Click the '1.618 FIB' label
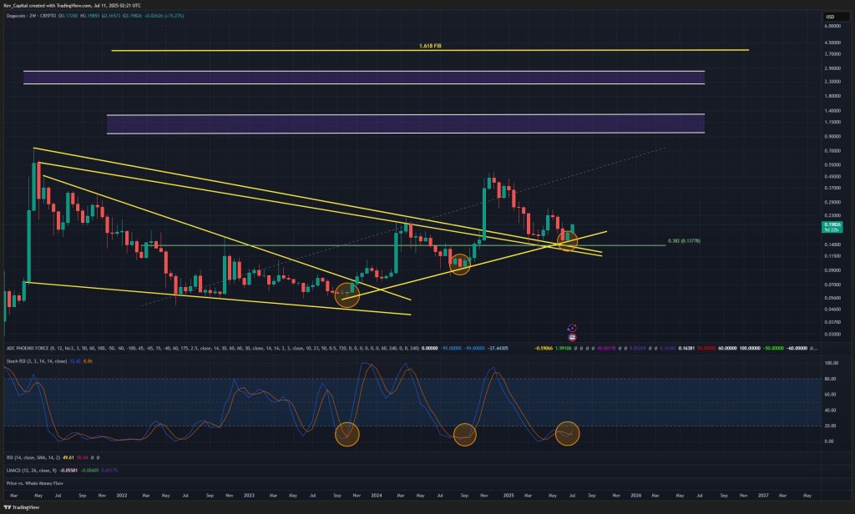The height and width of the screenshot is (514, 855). point(430,46)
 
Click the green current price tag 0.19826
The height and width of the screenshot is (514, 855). point(831,224)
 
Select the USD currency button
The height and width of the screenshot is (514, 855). point(831,17)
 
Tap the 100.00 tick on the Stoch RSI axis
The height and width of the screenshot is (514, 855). point(831,365)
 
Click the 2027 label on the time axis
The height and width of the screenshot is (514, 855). point(762,496)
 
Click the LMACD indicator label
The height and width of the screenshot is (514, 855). point(16,471)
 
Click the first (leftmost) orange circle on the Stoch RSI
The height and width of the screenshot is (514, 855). point(347,434)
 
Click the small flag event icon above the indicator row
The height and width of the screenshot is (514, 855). point(572,330)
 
